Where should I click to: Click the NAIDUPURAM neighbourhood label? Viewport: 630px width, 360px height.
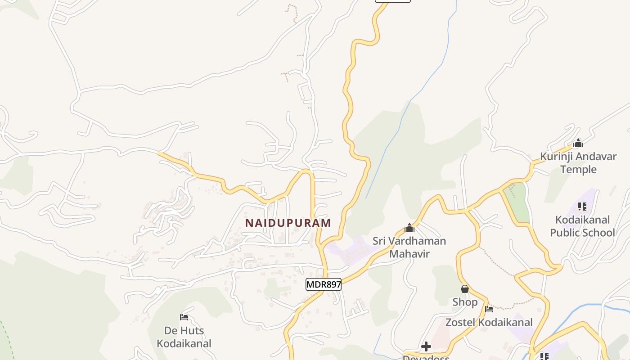288,223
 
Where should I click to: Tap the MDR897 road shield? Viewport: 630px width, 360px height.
324,284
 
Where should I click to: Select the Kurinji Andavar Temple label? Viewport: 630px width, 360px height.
578,163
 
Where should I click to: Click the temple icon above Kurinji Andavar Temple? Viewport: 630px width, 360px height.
578,144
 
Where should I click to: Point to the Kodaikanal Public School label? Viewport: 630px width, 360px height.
582,226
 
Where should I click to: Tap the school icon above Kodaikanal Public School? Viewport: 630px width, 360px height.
582,207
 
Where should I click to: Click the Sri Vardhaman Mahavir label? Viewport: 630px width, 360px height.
409,247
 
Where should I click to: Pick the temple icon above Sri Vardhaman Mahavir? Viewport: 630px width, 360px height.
409,228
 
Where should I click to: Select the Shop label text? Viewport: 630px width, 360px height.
465,302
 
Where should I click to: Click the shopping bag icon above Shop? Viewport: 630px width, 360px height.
465,289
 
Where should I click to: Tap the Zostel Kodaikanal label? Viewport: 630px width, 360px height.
489,322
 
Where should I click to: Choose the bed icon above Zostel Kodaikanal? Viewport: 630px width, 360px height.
489,309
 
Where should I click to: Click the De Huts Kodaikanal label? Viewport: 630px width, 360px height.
184,337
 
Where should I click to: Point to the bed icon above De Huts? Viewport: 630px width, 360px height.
184,317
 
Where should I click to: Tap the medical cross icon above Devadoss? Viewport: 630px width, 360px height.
426,346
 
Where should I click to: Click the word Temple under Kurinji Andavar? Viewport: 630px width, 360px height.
578,170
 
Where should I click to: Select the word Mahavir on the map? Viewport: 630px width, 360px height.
409,254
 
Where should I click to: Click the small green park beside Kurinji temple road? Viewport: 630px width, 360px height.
516,202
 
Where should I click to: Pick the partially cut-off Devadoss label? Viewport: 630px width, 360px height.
426,357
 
